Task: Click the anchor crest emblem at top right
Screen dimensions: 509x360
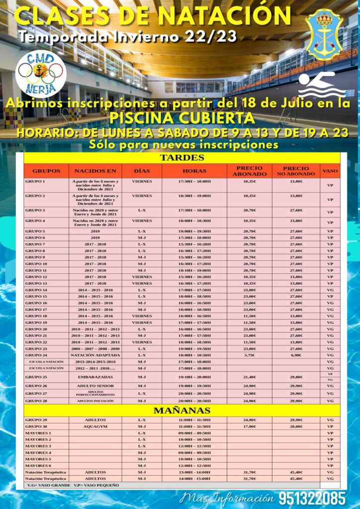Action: click(x=325, y=34)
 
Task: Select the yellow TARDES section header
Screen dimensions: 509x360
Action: click(x=181, y=158)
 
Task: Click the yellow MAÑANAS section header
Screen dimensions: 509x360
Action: click(x=181, y=411)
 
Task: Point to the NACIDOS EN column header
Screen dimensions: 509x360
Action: click(x=95, y=171)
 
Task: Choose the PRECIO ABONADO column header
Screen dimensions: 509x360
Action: click(x=249, y=171)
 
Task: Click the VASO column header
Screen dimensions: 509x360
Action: click(x=330, y=171)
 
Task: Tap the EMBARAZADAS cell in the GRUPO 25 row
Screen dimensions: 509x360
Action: click(x=95, y=377)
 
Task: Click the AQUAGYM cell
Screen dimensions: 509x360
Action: click(x=95, y=426)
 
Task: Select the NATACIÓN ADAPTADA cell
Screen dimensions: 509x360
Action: click(x=95, y=355)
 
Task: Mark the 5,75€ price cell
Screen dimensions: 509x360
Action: click(x=249, y=355)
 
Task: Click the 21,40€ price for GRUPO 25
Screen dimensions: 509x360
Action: click(x=249, y=377)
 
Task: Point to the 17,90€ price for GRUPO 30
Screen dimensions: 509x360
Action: click(x=249, y=426)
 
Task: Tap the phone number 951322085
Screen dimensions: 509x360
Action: click(x=312, y=498)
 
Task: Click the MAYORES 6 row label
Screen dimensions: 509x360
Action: click(x=38, y=465)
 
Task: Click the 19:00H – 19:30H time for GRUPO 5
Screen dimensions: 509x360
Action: click(x=194, y=231)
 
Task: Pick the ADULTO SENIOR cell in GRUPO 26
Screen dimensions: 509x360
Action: click(x=95, y=386)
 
